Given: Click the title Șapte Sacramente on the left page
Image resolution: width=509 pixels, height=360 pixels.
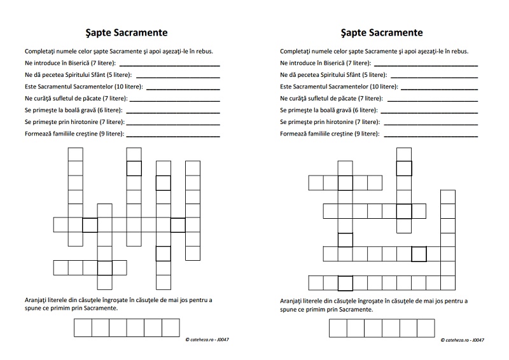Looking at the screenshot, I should pyautogui.click(x=127, y=32).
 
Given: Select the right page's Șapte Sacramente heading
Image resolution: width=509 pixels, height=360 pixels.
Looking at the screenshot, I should pyautogui.click(x=382, y=32).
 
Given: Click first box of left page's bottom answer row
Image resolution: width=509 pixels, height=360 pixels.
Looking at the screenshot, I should pyautogui.click(x=83, y=328).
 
